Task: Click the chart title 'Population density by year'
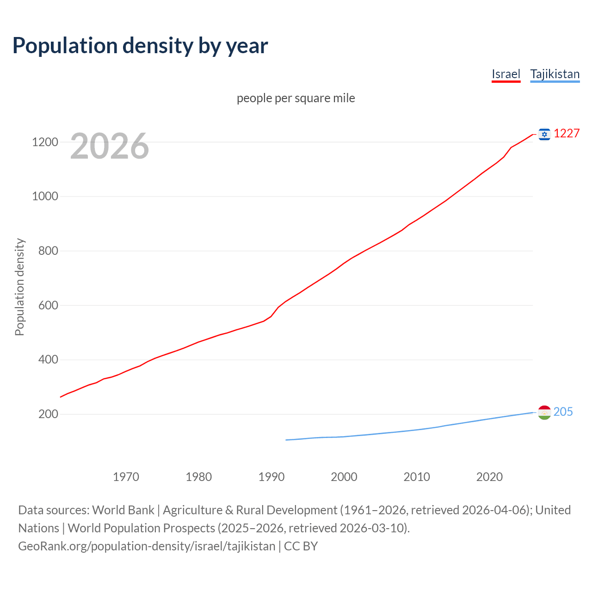click(140, 46)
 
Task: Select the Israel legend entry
click(506, 74)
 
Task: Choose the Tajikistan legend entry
click(555, 74)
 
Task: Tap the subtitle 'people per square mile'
click(296, 98)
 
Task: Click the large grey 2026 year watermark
click(110, 146)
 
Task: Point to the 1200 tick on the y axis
click(45, 142)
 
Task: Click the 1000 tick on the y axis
click(45, 197)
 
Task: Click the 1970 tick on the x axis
click(126, 477)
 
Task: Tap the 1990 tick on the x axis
click(271, 477)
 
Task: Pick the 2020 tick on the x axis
click(489, 477)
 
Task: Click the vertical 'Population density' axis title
click(19, 287)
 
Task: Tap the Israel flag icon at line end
click(544, 134)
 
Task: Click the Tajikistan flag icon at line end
click(544, 412)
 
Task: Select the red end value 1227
click(567, 134)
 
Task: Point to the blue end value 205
click(563, 412)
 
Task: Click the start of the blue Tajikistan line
click(286, 440)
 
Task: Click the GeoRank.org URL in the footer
click(147, 546)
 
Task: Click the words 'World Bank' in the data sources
click(123, 510)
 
